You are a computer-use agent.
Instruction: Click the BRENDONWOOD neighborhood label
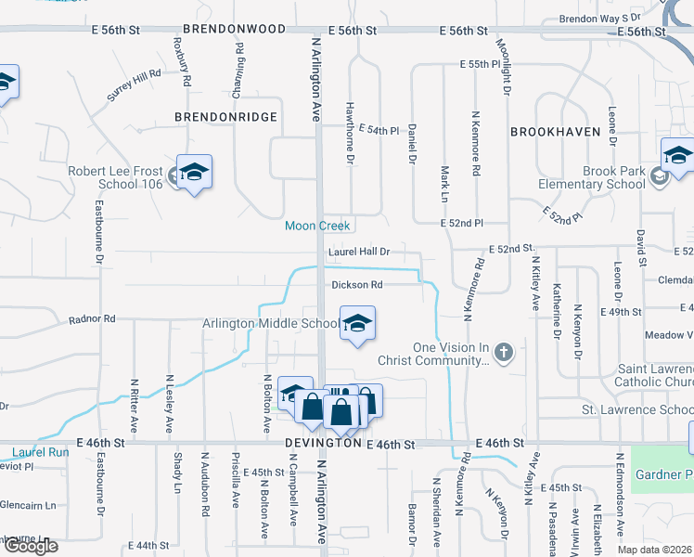coord(234,30)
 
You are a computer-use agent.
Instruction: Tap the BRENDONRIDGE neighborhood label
coord(225,117)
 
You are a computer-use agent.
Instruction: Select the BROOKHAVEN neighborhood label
coord(555,132)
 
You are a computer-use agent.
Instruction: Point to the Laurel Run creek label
coord(41,453)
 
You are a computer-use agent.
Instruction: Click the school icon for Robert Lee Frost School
coord(195,174)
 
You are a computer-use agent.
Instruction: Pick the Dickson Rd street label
coord(357,285)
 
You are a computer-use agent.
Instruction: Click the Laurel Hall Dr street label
coord(357,252)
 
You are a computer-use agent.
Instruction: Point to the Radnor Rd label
coord(92,319)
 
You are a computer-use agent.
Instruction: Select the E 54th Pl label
coord(378,129)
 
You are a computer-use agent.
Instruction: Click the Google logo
coord(31,546)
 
